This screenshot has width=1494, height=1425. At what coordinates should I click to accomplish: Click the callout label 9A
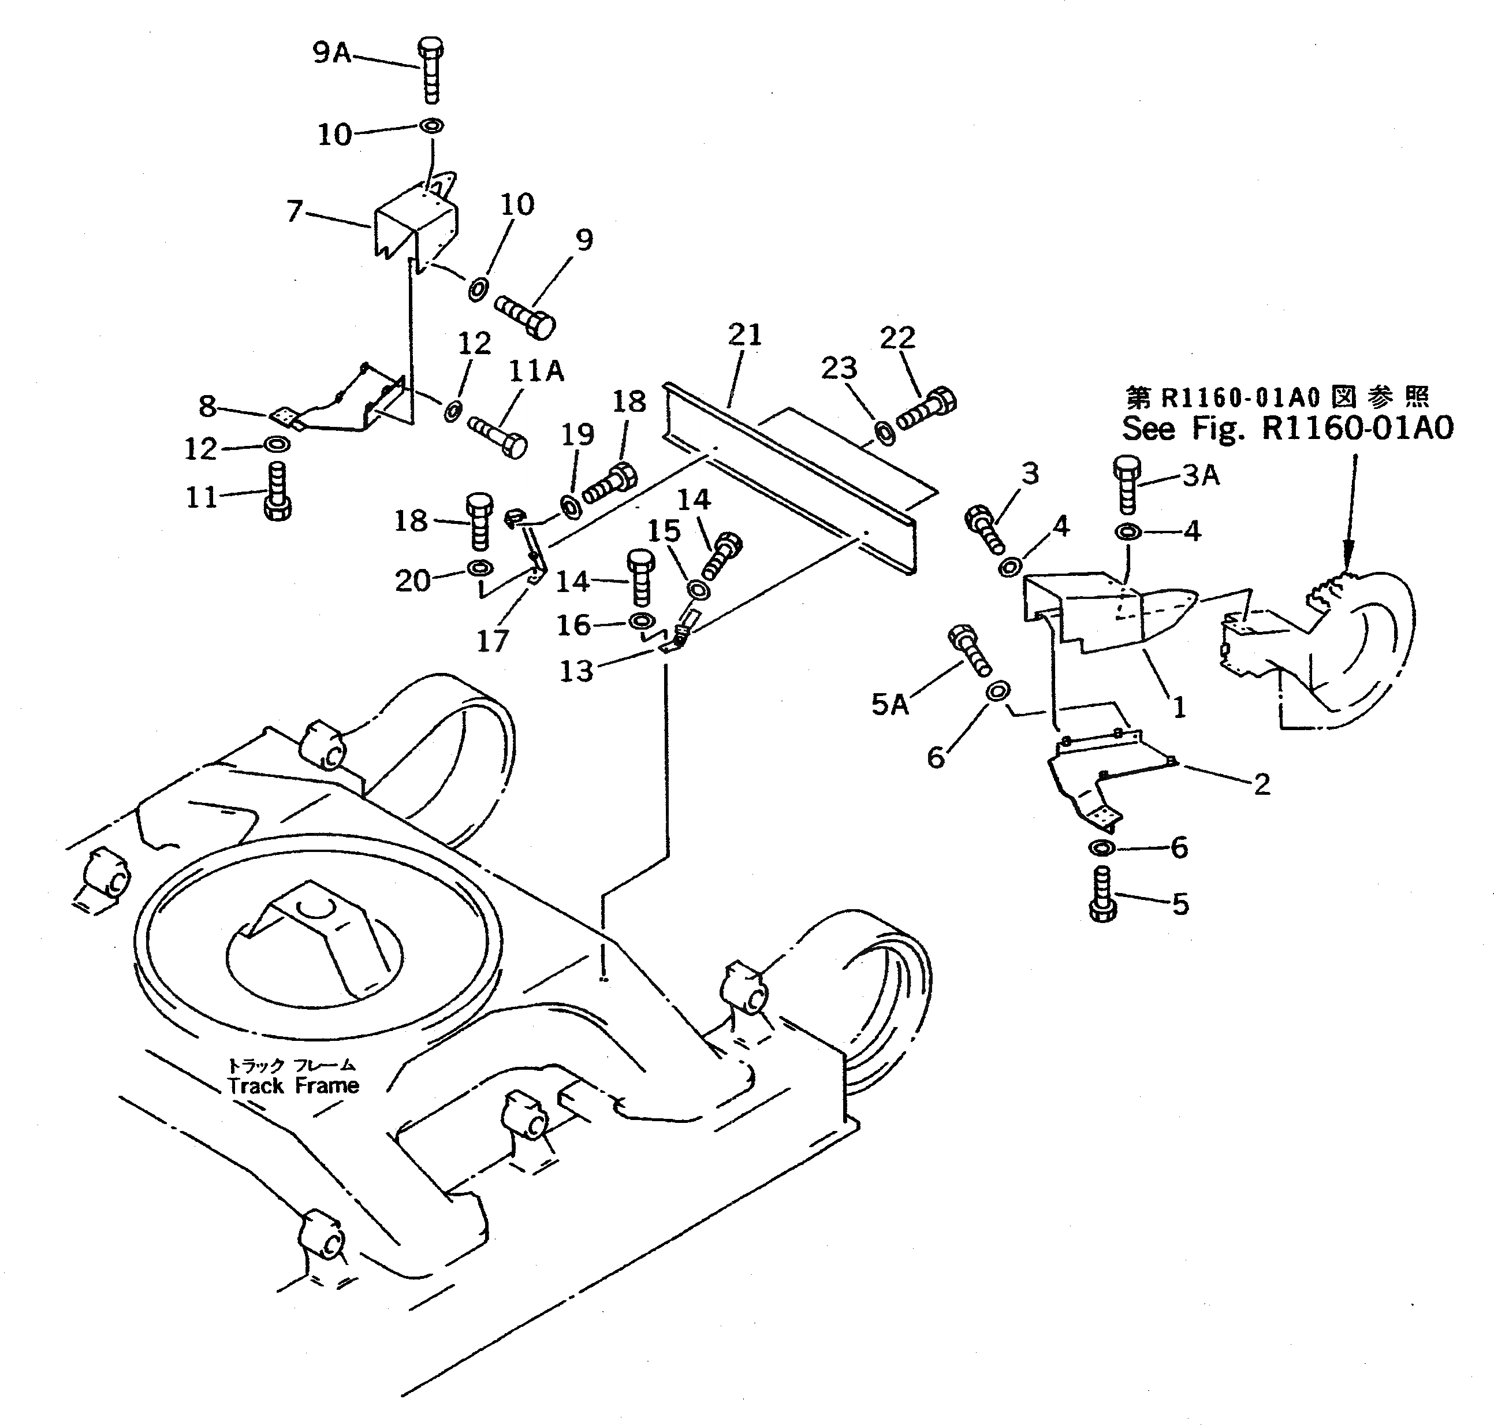click(x=332, y=53)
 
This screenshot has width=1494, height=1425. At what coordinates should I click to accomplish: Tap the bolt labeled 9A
click(x=430, y=70)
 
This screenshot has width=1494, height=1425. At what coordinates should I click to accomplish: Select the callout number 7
click(x=295, y=210)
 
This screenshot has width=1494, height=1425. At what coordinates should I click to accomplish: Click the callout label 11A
click(x=537, y=371)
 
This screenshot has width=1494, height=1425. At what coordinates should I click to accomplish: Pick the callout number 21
click(x=744, y=334)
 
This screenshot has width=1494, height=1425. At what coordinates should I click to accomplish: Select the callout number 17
click(x=491, y=641)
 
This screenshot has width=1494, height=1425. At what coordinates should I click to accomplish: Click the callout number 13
click(x=576, y=671)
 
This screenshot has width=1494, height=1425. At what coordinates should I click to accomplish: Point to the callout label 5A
click(x=889, y=704)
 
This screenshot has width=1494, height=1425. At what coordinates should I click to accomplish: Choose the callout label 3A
click(x=1201, y=475)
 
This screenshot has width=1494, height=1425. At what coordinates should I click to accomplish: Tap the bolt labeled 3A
click(x=1126, y=484)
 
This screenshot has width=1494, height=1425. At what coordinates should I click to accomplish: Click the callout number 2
click(x=1262, y=784)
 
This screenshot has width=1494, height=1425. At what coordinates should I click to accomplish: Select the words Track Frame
click(x=293, y=1085)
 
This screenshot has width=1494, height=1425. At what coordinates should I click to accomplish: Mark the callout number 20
click(x=412, y=581)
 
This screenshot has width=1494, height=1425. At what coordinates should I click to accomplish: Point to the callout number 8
click(x=207, y=407)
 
